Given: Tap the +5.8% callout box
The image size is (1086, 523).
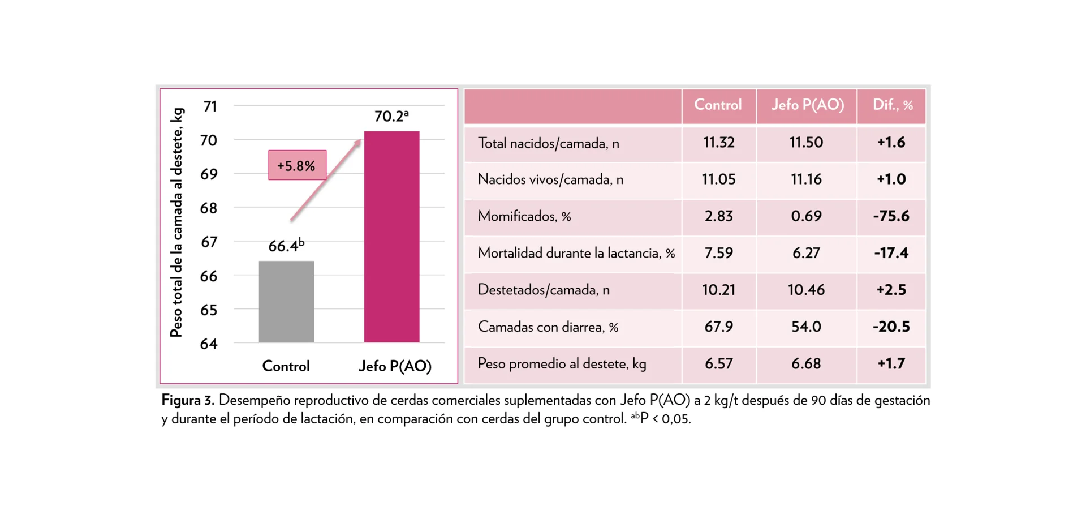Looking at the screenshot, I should (297, 165).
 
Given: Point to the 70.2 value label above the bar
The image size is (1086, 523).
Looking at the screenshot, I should (391, 116).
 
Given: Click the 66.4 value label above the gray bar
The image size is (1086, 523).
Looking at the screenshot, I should (286, 246).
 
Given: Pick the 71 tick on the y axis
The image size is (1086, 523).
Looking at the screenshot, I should (210, 106).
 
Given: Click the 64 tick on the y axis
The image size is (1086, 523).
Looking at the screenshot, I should (209, 344).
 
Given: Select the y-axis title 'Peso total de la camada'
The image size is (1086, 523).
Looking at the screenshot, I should (177, 222).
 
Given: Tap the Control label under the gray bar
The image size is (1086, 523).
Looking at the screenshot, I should (286, 366).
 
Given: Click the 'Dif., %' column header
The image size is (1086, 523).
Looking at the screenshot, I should (892, 105).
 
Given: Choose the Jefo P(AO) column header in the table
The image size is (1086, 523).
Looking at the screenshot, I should (807, 105).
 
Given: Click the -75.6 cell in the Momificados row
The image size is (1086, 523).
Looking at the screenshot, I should (891, 216).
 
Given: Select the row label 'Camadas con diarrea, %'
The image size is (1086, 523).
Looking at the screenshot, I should (548, 327).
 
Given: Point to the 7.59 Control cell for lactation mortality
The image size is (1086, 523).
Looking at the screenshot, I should (718, 253).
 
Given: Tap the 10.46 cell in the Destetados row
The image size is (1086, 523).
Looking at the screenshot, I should (806, 290).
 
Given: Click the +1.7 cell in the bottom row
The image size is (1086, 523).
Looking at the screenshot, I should (891, 363).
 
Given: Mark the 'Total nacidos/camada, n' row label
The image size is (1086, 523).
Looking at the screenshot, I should (548, 143).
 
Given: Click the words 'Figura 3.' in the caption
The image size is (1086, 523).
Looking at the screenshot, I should (188, 400).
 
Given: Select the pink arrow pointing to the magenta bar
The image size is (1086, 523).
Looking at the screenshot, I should (325, 180).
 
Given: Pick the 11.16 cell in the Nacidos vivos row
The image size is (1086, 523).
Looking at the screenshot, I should (806, 179).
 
